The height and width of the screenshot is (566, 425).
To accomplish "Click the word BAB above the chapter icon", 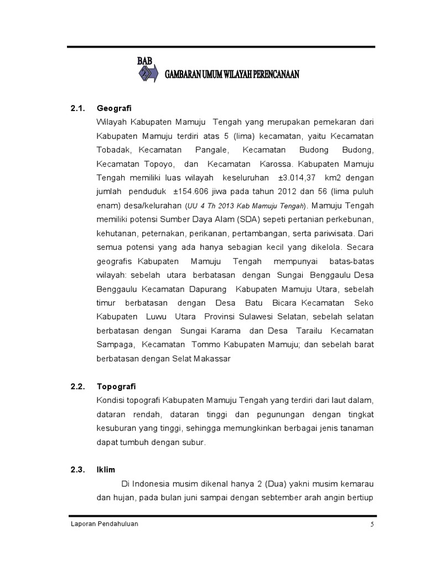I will point(146,61).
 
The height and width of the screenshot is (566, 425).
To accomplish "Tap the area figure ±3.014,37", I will point(298,178).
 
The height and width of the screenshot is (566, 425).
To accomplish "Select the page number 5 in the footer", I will point(372,526).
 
